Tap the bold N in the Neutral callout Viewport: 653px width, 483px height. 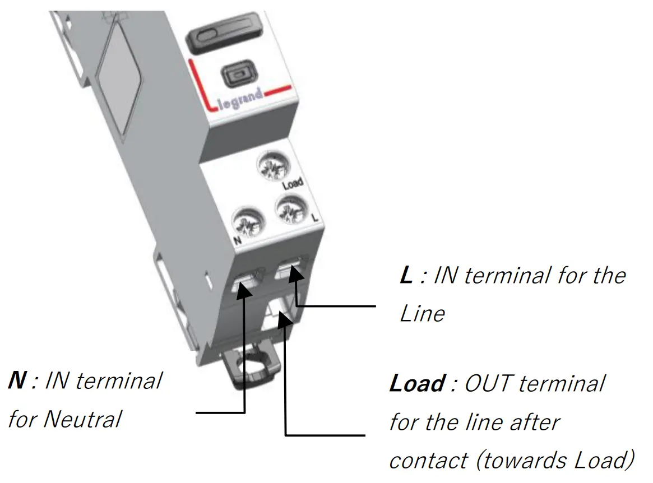click(17, 381)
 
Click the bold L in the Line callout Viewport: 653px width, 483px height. click(406, 276)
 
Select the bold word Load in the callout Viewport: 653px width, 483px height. click(417, 384)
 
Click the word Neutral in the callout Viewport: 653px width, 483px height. click(84, 419)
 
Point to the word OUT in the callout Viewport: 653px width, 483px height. click(487, 384)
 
